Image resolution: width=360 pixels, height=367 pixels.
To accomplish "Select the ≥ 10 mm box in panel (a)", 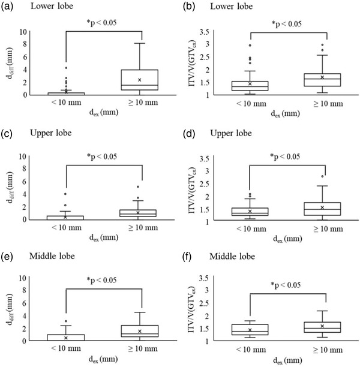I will click(x=140, y=80).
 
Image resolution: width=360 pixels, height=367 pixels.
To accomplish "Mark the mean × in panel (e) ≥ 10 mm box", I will click(x=140, y=331).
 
